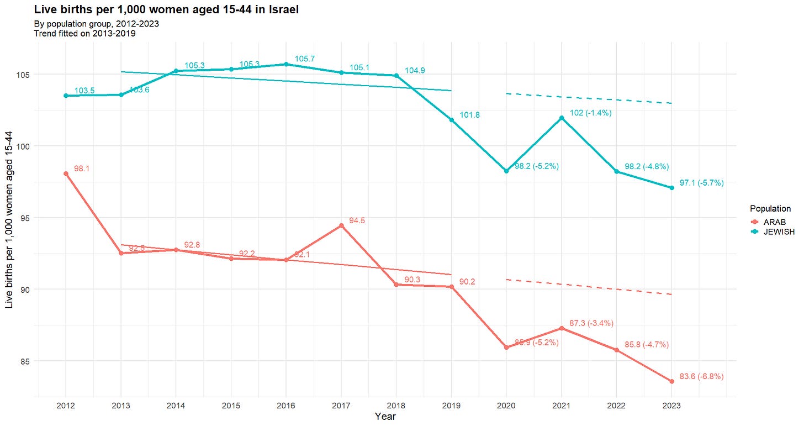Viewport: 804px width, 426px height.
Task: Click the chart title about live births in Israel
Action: click(166, 9)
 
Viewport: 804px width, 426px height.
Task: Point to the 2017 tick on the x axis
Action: click(341, 405)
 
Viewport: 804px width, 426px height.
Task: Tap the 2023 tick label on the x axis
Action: click(671, 405)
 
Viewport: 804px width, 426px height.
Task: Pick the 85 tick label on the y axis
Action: click(25, 361)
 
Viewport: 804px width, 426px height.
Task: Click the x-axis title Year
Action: click(385, 417)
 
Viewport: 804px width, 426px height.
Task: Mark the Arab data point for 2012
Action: click(66, 173)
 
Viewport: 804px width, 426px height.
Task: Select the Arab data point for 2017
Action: click(341, 225)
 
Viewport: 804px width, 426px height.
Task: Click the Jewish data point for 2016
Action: click(286, 64)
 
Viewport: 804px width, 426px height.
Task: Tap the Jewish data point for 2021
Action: click(562, 118)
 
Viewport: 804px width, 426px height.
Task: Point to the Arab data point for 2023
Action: click(671, 381)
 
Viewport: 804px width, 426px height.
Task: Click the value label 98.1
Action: click(82, 168)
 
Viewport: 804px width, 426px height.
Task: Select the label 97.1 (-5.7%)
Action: click(701, 183)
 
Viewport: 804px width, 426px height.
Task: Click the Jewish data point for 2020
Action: click(506, 171)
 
